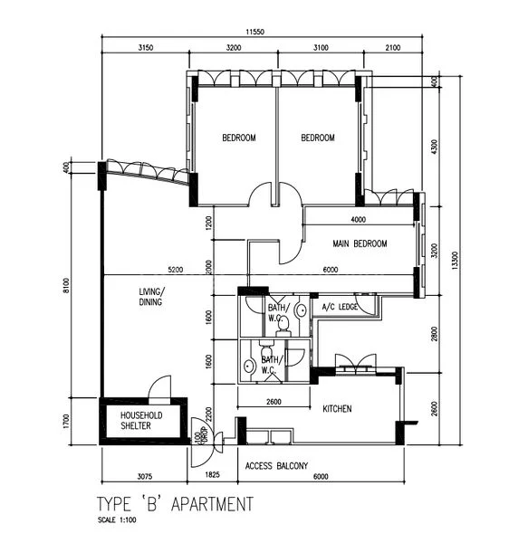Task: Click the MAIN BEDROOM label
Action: [x=360, y=244]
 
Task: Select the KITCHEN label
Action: [x=337, y=410]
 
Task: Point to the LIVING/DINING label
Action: [x=151, y=298]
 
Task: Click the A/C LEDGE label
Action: [x=341, y=309]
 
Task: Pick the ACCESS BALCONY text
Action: [x=276, y=467]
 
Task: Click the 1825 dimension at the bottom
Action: [x=212, y=475]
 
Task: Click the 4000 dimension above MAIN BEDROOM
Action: [x=359, y=220]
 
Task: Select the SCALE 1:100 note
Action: [x=118, y=521]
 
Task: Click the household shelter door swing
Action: [x=158, y=387]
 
